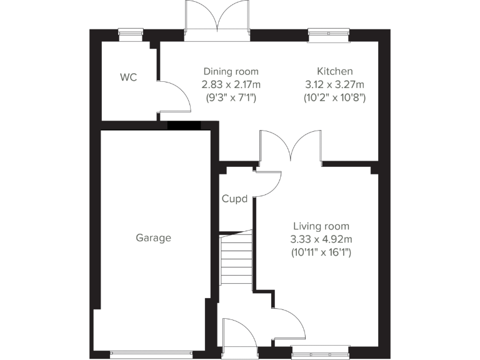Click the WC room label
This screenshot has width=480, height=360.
[129, 77]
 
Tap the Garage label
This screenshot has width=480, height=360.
[153, 237]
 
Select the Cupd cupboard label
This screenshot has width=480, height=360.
[234, 199]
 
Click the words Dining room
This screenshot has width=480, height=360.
[231, 72]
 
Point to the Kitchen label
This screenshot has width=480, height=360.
[334, 72]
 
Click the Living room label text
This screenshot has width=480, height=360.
[321, 226]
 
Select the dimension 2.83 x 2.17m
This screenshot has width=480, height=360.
[231, 84]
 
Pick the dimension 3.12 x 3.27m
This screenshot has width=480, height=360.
[334, 84]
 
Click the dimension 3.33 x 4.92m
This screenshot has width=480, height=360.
[321, 239]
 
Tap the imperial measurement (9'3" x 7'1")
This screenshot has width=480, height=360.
[231, 97]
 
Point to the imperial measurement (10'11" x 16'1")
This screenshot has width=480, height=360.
[321, 252]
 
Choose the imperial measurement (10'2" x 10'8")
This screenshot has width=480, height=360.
[334, 97]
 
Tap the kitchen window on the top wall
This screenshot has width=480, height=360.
[329, 35]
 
